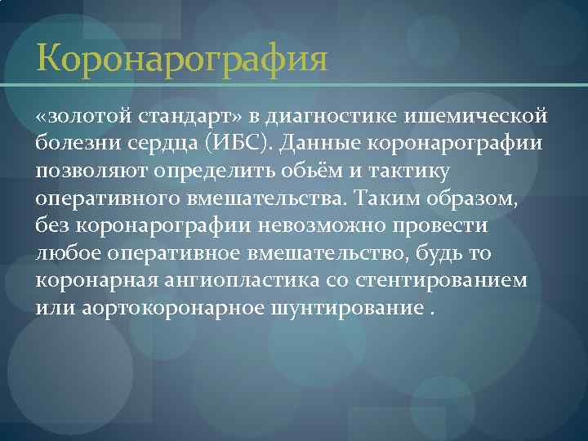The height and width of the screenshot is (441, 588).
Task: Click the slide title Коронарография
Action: tap(182, 60)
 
